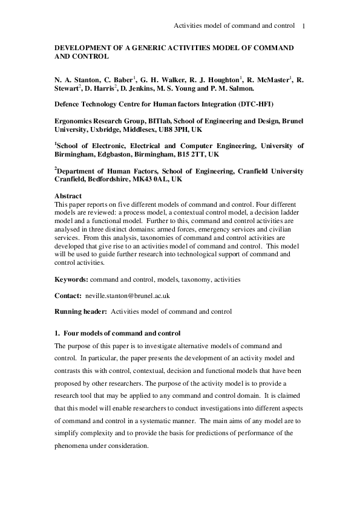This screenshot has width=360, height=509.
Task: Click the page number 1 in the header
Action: point(303,26)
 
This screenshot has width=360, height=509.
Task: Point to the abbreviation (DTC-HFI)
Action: point(258,104)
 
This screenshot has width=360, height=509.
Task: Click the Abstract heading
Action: point(68,196)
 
